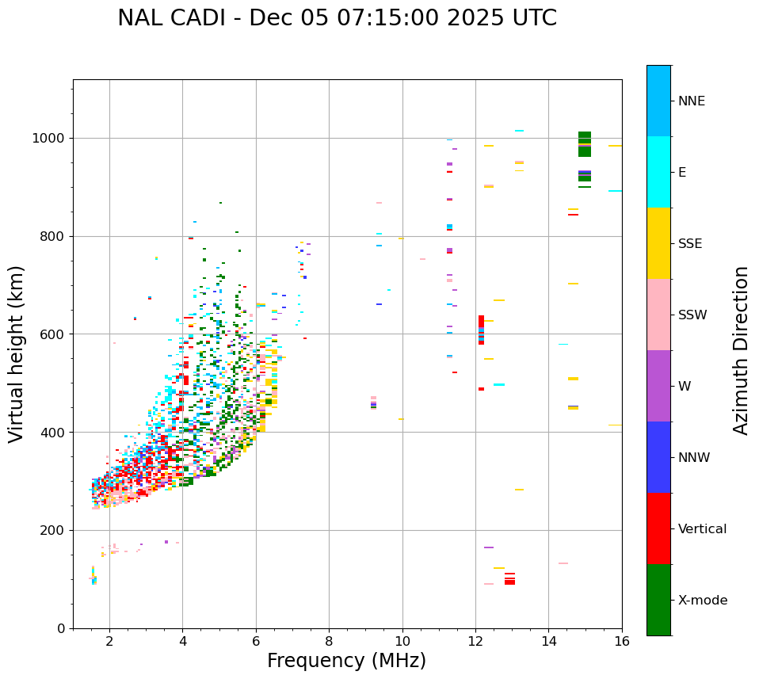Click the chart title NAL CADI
(337, 18)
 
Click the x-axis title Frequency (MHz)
(346, 661)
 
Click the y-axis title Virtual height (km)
(17, 353)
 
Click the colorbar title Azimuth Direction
(741, 350)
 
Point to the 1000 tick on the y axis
(54, 138)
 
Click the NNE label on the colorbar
(691, 101)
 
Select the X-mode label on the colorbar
(703, 601)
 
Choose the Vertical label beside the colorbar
(702, 529)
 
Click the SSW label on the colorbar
(692, 315)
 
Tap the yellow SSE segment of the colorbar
(658, 243)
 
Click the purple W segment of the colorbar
(658, 386)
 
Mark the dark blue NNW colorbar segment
(658, 457)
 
